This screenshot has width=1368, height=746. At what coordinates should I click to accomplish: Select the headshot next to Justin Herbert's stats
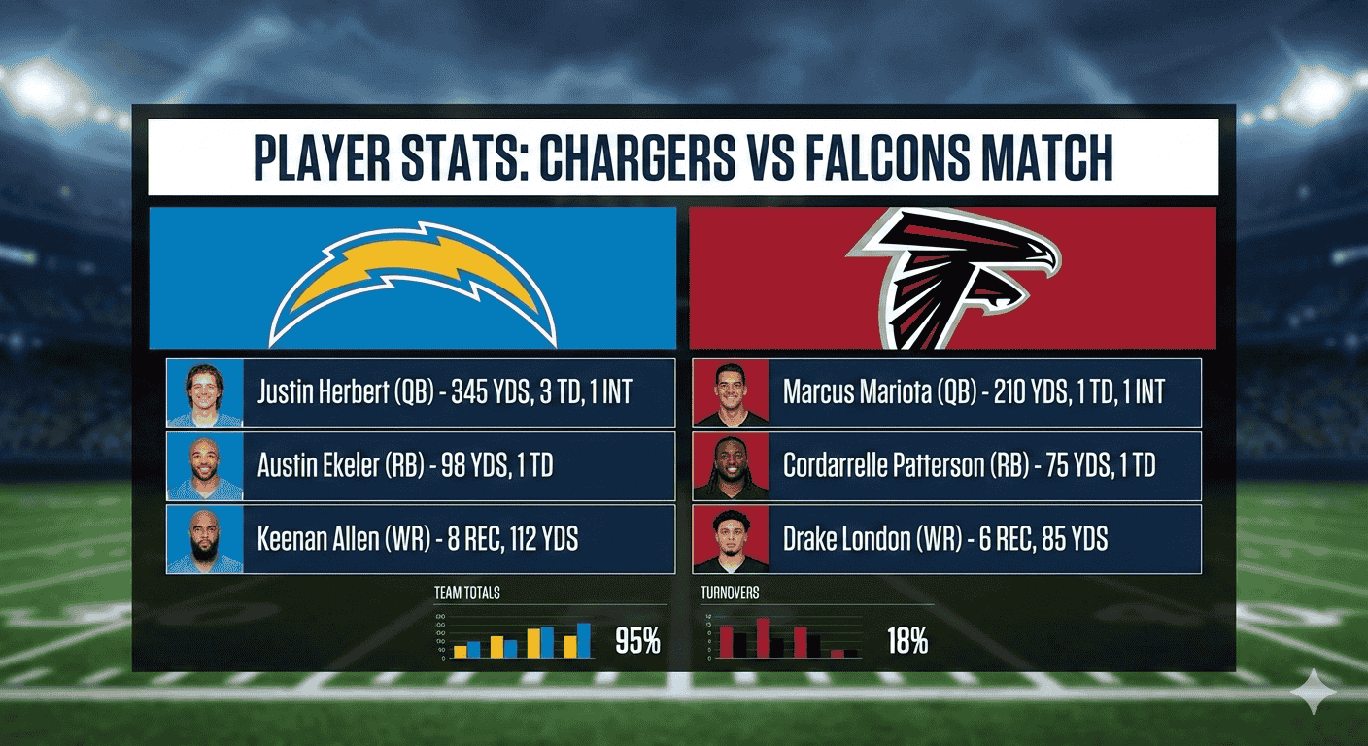(205, 393)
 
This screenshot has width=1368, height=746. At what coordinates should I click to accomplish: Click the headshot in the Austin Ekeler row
(205, 466)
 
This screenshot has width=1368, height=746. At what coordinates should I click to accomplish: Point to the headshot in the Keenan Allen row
(205, 539)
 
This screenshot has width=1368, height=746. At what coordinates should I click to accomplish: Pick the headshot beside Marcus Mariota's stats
(731, 393)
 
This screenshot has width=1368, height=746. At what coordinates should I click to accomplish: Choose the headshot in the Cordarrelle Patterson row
(731, 466)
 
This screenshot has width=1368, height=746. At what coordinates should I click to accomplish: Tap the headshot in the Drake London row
(731, 539)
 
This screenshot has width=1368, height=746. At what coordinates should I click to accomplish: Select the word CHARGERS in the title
(635, 157)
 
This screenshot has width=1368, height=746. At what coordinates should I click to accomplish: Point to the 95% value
(637, 641)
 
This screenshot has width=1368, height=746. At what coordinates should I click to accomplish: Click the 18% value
(906, 641)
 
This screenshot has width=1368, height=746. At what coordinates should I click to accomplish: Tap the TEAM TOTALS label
(467, 592)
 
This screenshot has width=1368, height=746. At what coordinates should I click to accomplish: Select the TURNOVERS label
(730, 592)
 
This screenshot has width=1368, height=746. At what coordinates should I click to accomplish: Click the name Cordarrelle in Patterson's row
(831, 466)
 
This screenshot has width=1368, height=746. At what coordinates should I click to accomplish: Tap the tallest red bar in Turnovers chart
(764, 637)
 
